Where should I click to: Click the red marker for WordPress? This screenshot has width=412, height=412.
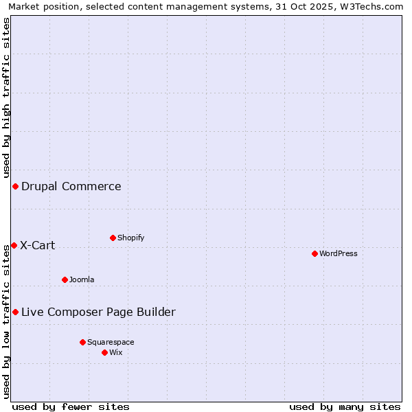pos(314,253)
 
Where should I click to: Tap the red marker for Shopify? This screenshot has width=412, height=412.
pos(113,238)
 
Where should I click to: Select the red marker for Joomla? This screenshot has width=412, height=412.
pos(65,279)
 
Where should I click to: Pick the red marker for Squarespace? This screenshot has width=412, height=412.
pos(82,342)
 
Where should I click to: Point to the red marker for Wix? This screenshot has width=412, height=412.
pos(104,352)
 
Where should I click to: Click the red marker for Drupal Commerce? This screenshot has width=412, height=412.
pos(15,186)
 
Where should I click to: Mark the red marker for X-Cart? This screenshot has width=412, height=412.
pos(14,245)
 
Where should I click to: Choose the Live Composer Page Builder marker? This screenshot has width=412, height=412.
pos(15,312)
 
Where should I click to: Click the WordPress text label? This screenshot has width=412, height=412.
pos(339,253)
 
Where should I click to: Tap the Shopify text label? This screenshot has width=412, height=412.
pos(130,238)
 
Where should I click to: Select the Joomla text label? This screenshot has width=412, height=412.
pos(82,279)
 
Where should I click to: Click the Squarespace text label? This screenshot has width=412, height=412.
pos(111,342)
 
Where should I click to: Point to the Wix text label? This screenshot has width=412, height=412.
pos(116,352)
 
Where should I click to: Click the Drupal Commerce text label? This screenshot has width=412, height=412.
pos(71,186)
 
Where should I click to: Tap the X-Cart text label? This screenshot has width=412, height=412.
pos(38,245)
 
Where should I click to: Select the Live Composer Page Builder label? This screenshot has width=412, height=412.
pos(98,312)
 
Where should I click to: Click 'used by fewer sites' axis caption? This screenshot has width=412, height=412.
pos(71,407)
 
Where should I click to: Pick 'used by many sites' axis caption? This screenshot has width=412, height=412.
pos(345,407)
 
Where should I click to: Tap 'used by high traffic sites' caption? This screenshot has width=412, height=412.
pos(6,96)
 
